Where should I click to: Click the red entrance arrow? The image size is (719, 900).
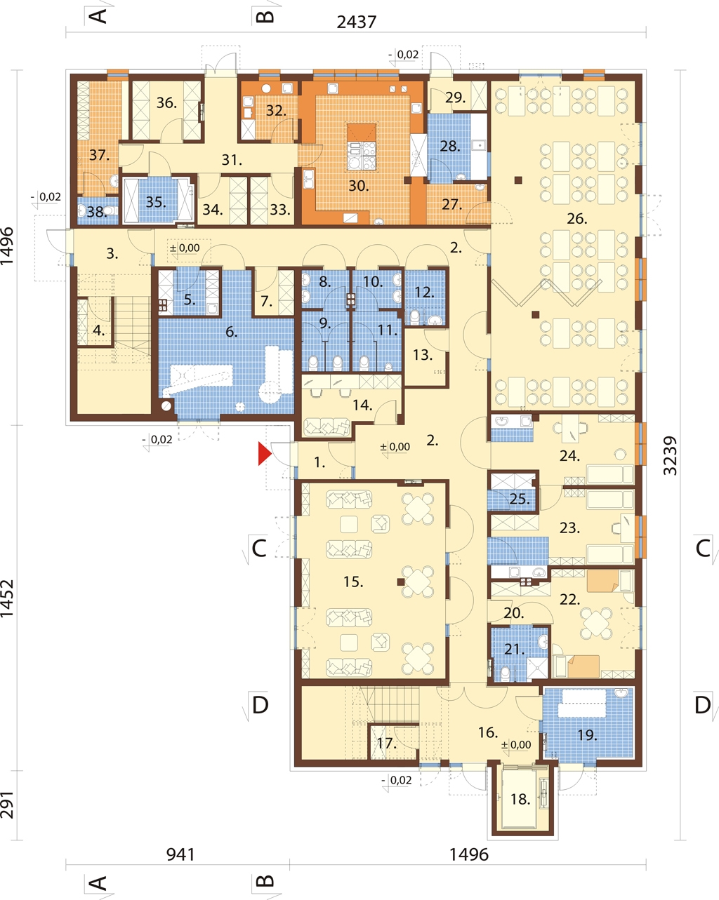[264, 453]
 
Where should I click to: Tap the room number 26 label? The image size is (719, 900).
[576, 218]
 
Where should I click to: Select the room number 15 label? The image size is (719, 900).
[353, 582]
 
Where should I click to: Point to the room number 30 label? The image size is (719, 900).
[359, 186]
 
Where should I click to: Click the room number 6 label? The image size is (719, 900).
[232, 332]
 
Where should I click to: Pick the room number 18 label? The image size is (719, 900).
[520, 799]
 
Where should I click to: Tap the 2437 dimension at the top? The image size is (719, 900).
[357, 22]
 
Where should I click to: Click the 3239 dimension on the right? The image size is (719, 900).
[670, 455]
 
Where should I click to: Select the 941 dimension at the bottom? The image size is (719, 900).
[180, 855]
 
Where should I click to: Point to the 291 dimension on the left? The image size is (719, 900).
[7, 805]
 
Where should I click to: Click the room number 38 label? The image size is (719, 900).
[97, 212]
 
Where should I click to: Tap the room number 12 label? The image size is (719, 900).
[424, 293]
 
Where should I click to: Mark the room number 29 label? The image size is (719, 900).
[455, 98]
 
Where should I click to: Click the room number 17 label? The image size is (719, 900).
[386, 743]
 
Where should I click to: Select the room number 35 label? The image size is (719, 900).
[155, 202]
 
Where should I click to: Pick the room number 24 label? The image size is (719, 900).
[569, 455]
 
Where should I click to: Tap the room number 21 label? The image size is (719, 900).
[514, 649]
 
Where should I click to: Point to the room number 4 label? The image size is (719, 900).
[99, 330]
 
